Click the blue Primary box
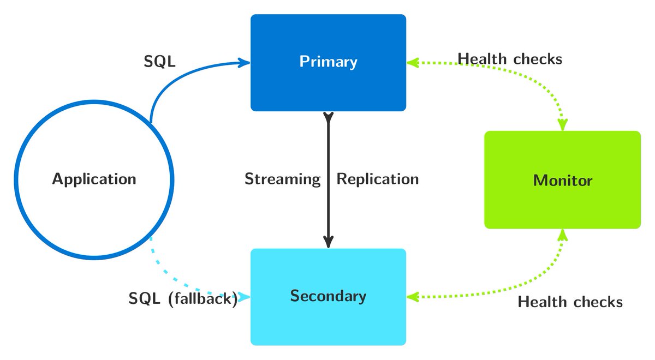[329, 63]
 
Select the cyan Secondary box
[329, 297]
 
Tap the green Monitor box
[563, 179]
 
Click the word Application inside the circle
[94, 179]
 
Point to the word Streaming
[283, 179]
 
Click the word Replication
[378, 178]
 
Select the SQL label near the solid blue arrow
[159, 61]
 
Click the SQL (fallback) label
[183, 299]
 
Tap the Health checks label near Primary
[510, 59]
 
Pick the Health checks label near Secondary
[570, 302]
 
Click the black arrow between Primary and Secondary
[329, 180]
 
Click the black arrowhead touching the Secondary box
[329, 242]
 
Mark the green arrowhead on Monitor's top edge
[563, 124]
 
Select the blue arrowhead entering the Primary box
[244, 63]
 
